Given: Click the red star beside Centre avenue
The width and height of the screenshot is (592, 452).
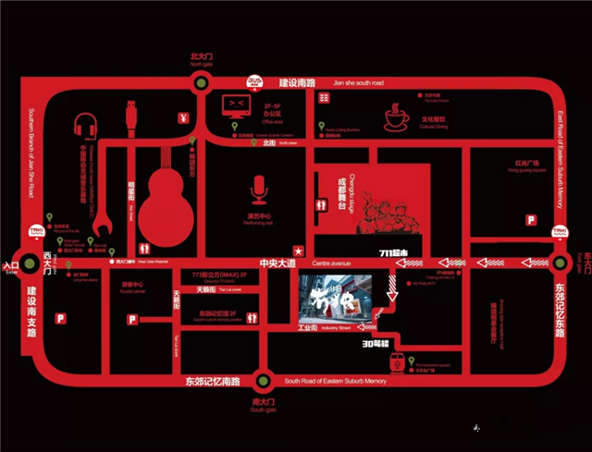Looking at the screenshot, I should pos(298,250).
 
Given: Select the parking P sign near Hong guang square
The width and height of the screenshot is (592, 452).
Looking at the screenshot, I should pos(531,220).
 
